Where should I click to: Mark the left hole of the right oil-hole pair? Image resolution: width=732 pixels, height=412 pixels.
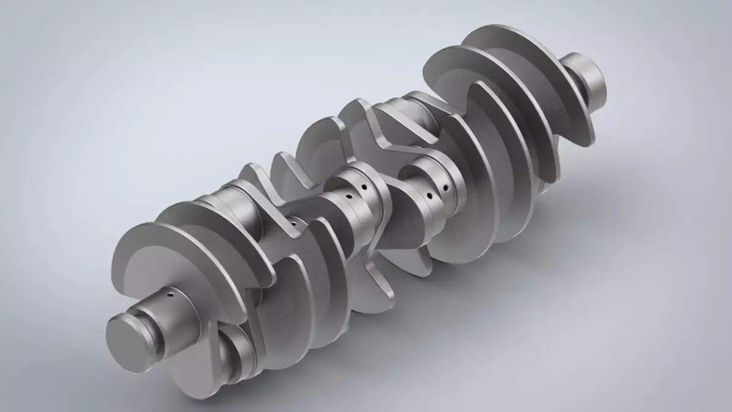(431, 197)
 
